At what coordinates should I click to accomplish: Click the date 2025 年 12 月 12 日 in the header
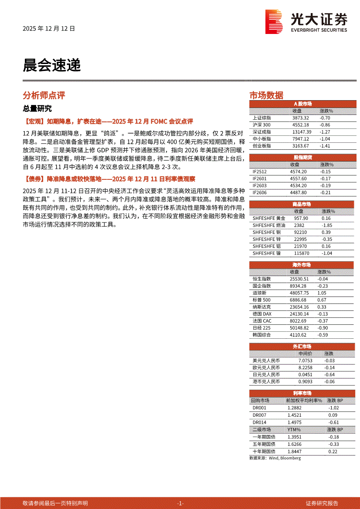click(x=49, y=29)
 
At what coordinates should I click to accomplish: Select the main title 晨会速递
click(x=51, y=66)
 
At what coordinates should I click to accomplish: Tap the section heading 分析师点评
click(x=44, y=95)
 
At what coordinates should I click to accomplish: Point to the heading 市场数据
click(x=266, y=95)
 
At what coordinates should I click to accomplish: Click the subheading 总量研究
click(x=37, y=109)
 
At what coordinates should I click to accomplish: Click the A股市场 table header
click(x=302, y=104)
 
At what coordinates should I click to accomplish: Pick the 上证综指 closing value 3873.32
click(x=300, y=118)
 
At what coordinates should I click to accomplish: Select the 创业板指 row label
click(x=262, y=146)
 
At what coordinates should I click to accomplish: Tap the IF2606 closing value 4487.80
click(x=298, y=192)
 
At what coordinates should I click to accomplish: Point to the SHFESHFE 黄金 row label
click(x=269, y=218)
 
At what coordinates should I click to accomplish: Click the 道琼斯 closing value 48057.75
click(x=299, y=293)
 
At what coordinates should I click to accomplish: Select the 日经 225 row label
click(x=262, y=328)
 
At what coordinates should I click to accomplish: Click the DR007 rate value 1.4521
click(x=295, y=415)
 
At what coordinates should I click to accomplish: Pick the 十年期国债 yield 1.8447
click(x=294, y=452)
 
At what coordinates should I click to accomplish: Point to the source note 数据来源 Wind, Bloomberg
click(x=275, y=458)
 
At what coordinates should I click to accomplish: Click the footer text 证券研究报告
click(x=322, y=503)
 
